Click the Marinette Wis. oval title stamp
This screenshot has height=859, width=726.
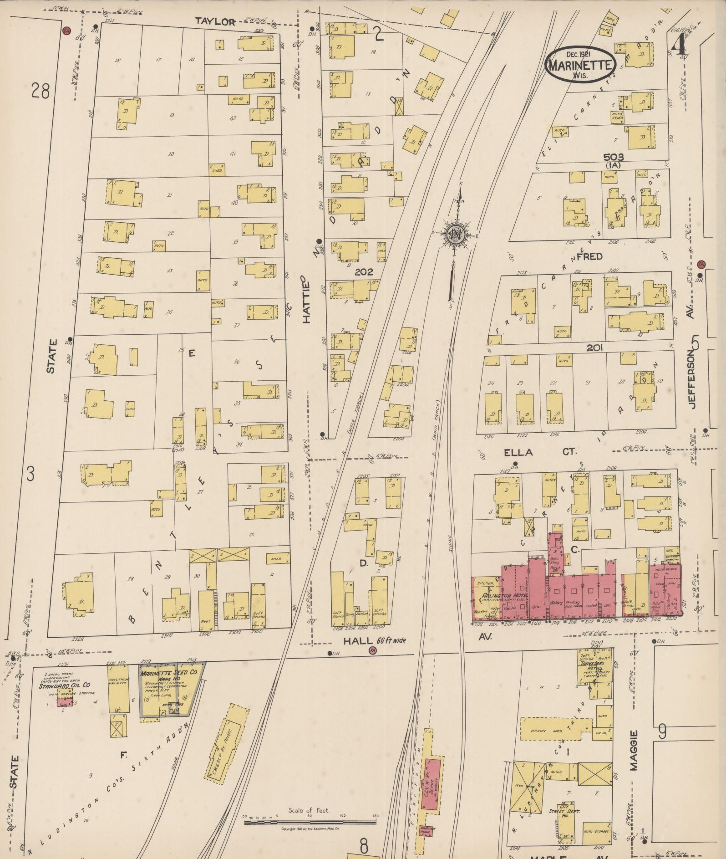[580, 65]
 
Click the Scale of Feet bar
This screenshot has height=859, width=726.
[310, 823]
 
